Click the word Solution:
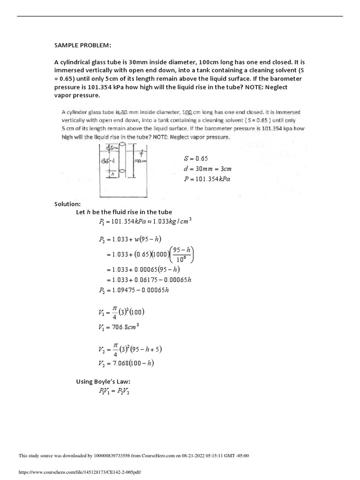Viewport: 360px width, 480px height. click(68, 204)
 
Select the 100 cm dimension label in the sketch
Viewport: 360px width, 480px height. click(138, 161)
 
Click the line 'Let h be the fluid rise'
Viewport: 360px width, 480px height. click(124, 212)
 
